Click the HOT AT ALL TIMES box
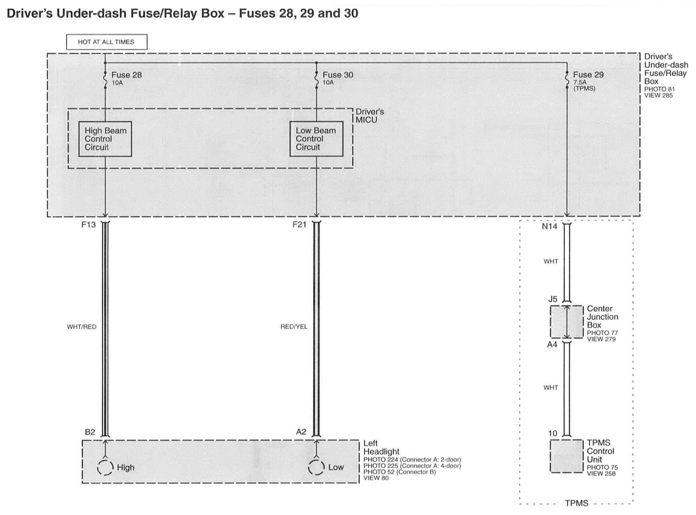[x=106, y=42]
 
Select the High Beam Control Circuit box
[x=105, y=139]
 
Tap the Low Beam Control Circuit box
[x=316, y=139]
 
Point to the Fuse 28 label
[x=126, y=75]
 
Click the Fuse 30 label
[x=338, y=75]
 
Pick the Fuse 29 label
[x=588, y=75]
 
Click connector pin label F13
[x=89, y=225]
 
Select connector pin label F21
[x=299, y=225]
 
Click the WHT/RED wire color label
[x=82, y=327]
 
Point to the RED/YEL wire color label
[x=294, y=327]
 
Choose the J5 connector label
[x=553, y=299]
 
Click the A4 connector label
[x=552, y=345]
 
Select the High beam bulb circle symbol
[x=105, y=467]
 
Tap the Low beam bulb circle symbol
[x=316, y=467]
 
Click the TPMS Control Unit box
[x=566, y=456]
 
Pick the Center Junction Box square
[x=566, y=322]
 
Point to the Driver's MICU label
[x=369, y=116]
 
